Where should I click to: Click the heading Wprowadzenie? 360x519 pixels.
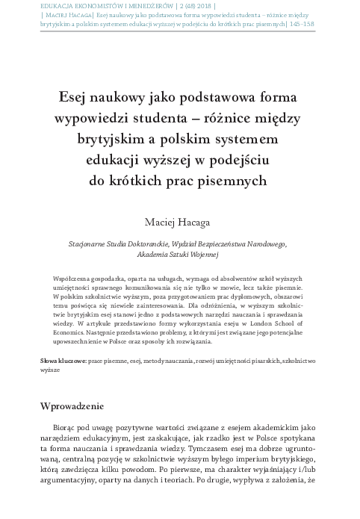(78, 406)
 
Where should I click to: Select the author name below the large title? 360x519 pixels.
(180, 221)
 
